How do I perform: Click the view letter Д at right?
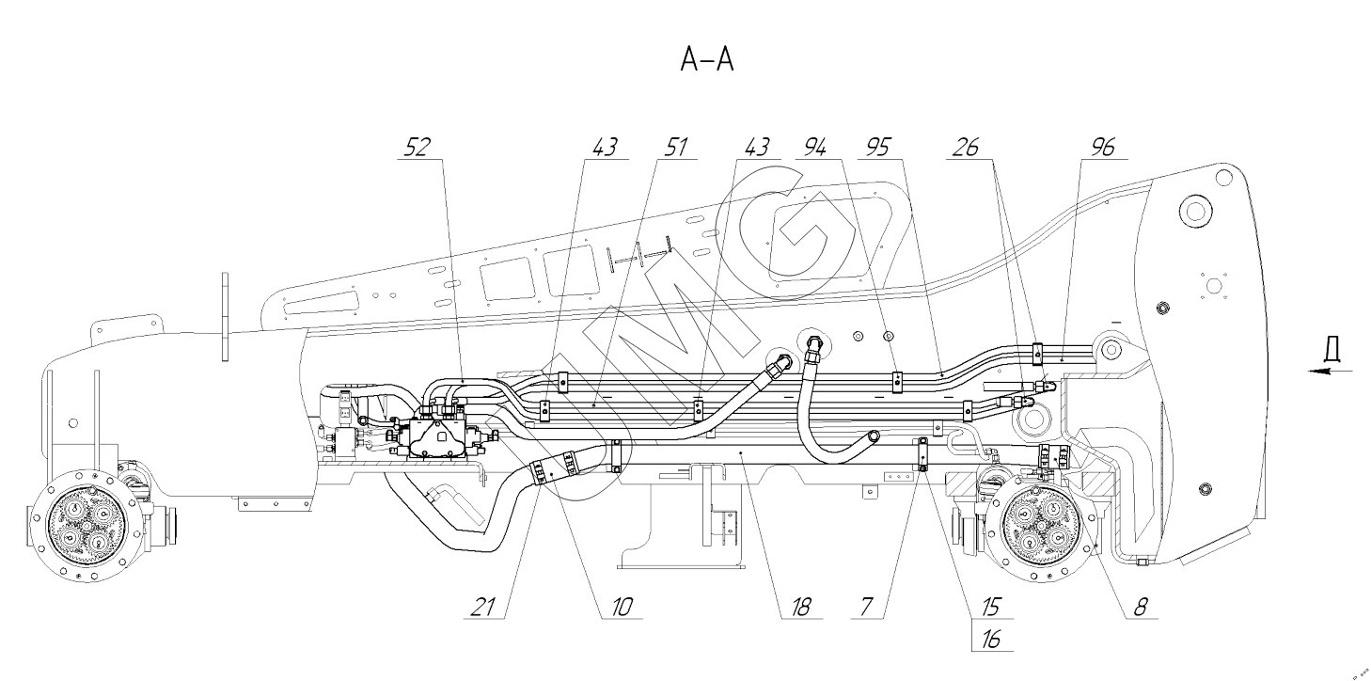click(x=1331, y=349)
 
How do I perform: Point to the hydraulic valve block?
click(x=441, y=438)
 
